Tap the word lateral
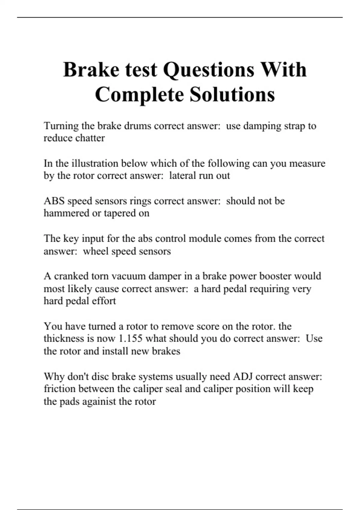coord(183,176)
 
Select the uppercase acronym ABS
coord(54,201)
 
